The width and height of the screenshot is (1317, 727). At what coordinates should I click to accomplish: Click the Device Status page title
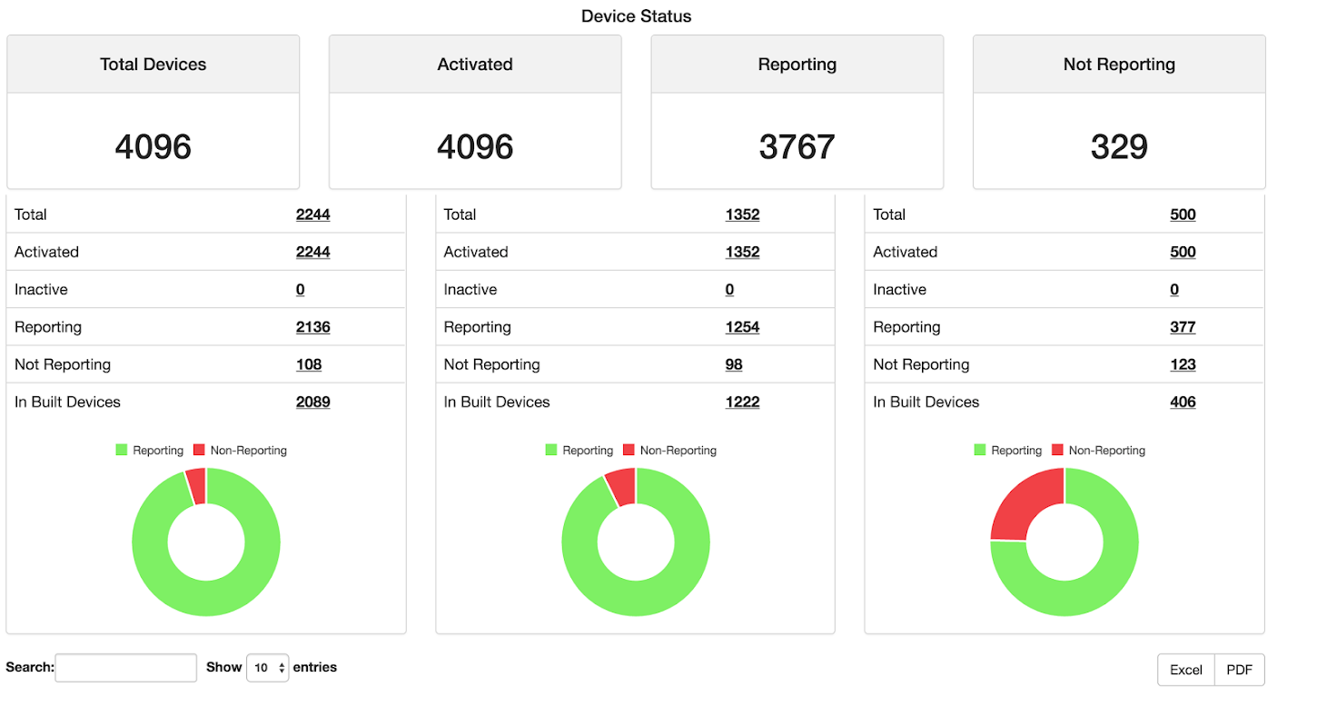pyautogui.click(x=636, y=16)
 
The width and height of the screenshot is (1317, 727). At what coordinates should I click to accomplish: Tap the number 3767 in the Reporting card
pyautogui.click(x=797, y=146)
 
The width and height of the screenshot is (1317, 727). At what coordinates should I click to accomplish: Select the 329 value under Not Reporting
pyautogui.click(x=1119, y=146)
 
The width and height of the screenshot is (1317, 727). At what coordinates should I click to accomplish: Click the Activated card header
pyautogui.click(x=475, y=65)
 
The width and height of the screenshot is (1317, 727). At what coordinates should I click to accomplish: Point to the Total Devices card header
pyautogui.click(x=153, y=65)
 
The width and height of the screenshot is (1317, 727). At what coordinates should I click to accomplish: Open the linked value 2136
pyautogui.click(x=312, y=327)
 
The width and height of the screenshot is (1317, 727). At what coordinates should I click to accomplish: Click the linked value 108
pyautogui.click(x=309, y=364)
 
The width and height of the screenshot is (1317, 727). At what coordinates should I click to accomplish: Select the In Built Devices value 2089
pyautogui.click(x=312, y=402)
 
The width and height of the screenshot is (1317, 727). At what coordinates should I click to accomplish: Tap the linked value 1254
pyautogui.click(x=742, y=327)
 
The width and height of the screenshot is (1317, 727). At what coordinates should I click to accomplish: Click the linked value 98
pyautogui.click(x=734, y=364)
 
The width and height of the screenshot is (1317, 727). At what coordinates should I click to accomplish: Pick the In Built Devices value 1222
pyautogui.click(x=742, y=402)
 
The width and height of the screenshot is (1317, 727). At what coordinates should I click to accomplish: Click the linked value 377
pyautogui.click(x=1183, y=327)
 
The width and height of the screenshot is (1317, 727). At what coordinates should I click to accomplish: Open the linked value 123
pyautogui.click(x=1183, y=364)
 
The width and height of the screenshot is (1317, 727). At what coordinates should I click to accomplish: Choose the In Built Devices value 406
pyautogui.click(x=1183, y=402)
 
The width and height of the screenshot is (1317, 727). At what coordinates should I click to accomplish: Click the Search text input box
pyautogui.click(x=125, y=668)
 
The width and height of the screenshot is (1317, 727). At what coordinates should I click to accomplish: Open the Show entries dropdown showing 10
pyautogui.click(x=267, y=668)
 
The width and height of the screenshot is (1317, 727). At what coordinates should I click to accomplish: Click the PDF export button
pyautogui.click(x=1239, y=670)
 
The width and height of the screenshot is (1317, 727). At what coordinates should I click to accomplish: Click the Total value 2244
pyautogui.click(x=312, y=214)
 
